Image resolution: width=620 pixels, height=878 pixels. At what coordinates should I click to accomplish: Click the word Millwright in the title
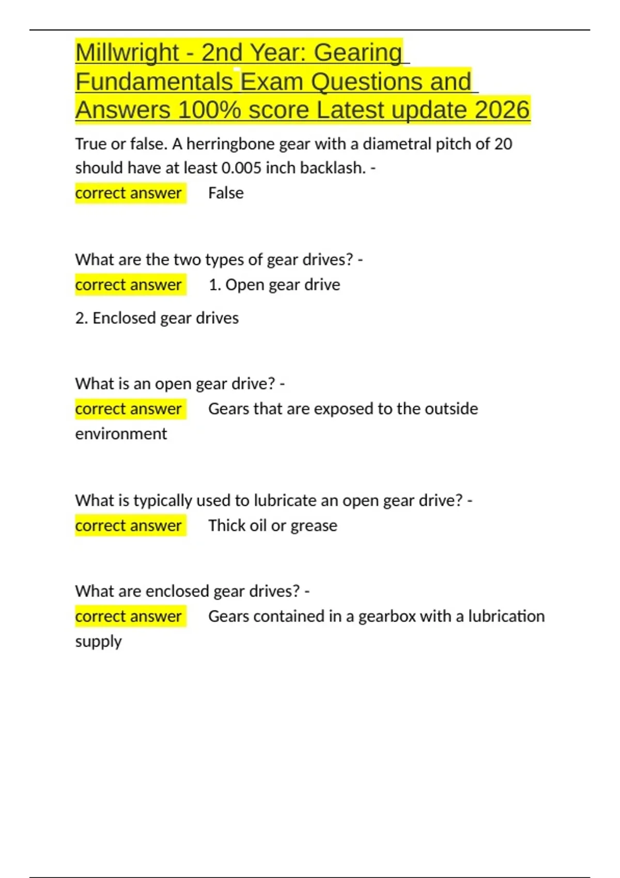[127, 53]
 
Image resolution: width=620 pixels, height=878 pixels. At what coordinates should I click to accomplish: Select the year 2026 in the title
[502, 110]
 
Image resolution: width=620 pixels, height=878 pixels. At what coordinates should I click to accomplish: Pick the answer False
[226, 193]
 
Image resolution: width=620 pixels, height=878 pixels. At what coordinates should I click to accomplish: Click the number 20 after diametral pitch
[503, 144]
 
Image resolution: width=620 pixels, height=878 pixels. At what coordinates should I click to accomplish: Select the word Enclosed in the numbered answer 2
[124, 318]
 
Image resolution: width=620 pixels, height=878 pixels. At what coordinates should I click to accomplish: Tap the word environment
[121, 434]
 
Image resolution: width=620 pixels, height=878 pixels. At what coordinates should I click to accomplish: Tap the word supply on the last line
[98, 642]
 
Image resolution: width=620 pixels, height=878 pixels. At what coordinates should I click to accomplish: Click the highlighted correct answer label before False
[129, 193]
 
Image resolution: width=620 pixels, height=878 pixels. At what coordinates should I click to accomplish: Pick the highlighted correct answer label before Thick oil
[129, 526]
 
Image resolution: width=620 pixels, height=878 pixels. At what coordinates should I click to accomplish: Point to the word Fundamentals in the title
[154, 82]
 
